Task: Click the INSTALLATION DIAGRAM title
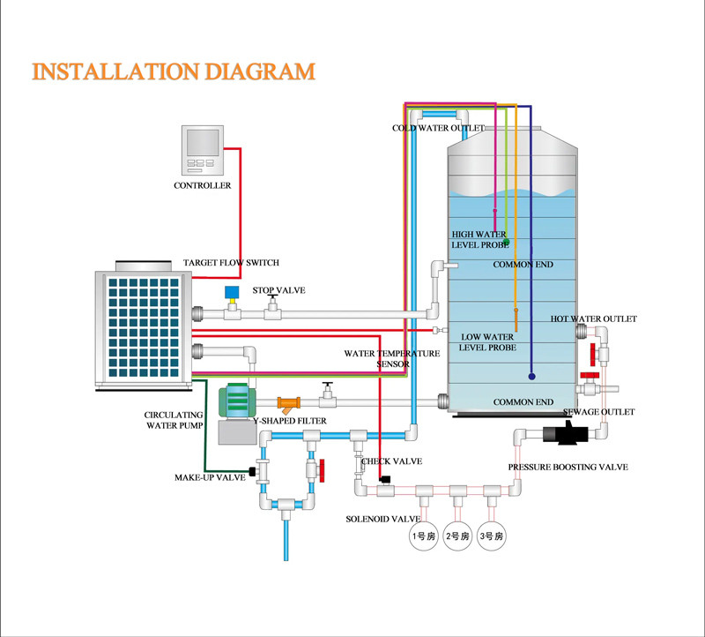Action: [173, 71]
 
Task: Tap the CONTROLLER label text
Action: [202, 186]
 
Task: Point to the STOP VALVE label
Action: [278, 290]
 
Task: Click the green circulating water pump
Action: [234, 401]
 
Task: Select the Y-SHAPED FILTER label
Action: [291, 422]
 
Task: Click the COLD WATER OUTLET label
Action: [439, 129]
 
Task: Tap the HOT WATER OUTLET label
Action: [594, 318]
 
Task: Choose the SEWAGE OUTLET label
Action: [605, 412]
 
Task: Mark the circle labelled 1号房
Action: [423, 536]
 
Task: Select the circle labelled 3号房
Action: [491, 536]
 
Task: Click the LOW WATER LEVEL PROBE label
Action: [486, 342]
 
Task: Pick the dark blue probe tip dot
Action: [532, 377]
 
